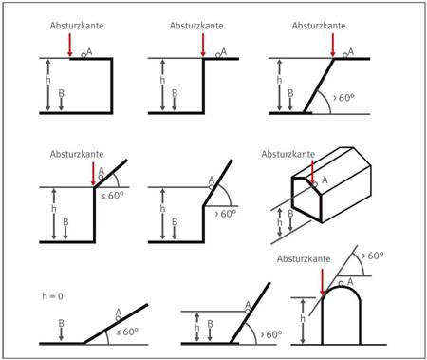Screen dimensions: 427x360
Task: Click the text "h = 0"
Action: tap(52, 296)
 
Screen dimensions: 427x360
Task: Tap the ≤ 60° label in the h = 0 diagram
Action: tap(127, 332)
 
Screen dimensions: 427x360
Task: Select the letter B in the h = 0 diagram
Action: tap(62, 323)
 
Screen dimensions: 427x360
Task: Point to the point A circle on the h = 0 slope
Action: tap(118, 318)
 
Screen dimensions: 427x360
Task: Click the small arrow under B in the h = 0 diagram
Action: tap(62, 334)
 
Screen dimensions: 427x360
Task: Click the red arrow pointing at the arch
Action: tap(322, 283)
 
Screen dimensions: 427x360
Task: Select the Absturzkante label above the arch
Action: tap(304, 259)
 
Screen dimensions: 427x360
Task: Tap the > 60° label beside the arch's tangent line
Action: tap(373, 256)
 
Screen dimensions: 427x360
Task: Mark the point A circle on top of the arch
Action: tap(341, 284)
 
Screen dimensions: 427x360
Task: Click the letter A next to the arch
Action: tap(350, 281)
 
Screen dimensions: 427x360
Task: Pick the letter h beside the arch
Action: tap(303, 318)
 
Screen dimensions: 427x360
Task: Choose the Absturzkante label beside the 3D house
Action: tap(288, 154)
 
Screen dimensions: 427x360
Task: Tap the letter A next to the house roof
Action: tap(325, 180)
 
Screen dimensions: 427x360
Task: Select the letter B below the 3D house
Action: tap(290, 214)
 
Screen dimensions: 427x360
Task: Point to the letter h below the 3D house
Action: tap(279, 222)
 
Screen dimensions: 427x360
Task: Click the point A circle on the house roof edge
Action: tap(315, 184)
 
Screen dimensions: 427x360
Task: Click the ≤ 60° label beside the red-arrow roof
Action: tap(112, 196)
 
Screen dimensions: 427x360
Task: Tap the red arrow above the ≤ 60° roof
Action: tap(93, 174)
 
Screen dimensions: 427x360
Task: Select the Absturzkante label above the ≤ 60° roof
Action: tap(77, 154)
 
